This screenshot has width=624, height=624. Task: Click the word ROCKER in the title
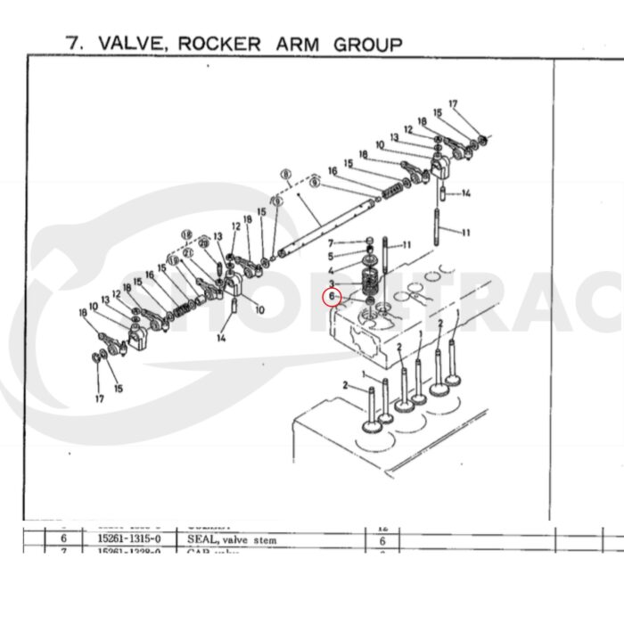(224, 43)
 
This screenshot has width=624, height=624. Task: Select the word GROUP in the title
(367, 43)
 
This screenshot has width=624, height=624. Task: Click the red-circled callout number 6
(332, 296)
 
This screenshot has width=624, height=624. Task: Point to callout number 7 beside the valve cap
(330, 243)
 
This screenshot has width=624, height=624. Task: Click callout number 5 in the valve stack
(330, 257)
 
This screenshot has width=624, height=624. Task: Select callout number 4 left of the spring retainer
(330, 270)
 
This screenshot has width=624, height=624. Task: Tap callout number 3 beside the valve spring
(330, 283)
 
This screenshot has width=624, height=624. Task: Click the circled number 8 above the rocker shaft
(286, 175)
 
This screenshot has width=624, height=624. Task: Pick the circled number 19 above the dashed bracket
(186, 234)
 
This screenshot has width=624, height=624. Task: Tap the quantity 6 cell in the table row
(382, 540)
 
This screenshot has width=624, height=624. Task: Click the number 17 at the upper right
(453, 104)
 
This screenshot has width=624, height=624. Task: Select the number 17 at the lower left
(100, 398)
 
